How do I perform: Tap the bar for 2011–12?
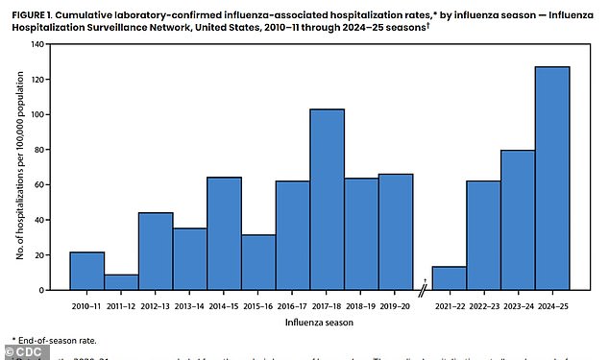[x=121, y=282]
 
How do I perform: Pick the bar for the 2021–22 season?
[x=449, y=278]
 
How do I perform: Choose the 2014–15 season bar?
[x=225, y=233]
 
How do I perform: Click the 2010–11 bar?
[x=87, y=271]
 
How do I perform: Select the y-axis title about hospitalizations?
[x=20, y=167]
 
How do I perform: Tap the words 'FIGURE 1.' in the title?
[x=31, y=9]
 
